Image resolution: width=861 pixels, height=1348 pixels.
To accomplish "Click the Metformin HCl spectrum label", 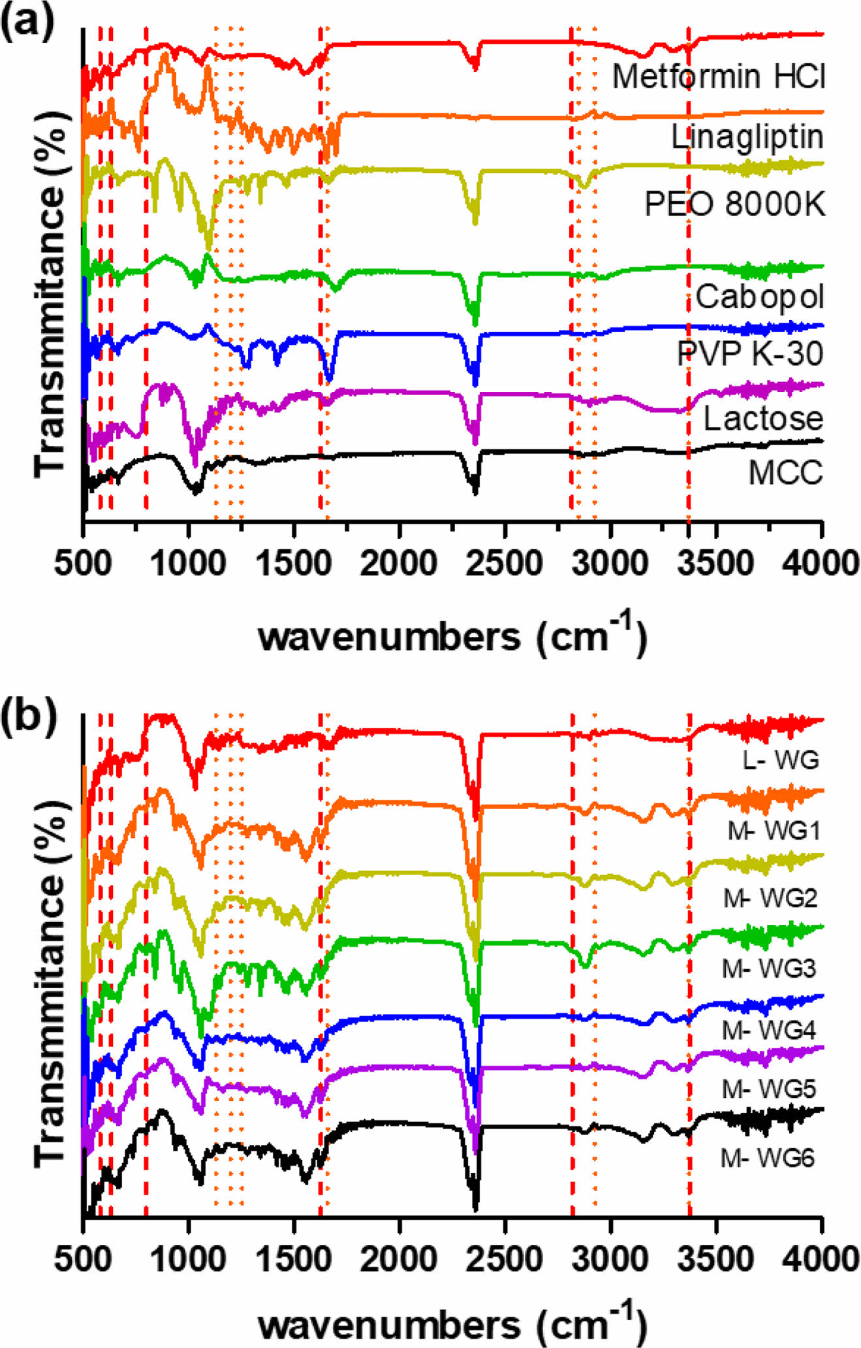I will pyautogui.click(x=718, y=77).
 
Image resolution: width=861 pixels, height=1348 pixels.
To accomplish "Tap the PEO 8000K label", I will pyautogui.click(x=734, y=204).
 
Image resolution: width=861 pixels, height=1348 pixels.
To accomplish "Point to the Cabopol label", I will pyautogui.click(x=759, y=297).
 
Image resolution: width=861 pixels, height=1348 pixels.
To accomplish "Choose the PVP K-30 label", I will pyautogui.click(x=750, y=354).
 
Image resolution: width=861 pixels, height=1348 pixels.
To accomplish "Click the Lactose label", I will pyautogui.click(x=762, y=419).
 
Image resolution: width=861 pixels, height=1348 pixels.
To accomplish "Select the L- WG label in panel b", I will pyautogui.click(x=780, y=760).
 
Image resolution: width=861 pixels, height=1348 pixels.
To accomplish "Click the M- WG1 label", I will pyautogui.click(x=774, y=831).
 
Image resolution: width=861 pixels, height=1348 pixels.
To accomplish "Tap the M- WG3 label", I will pyautogui.click(x=769, y=968).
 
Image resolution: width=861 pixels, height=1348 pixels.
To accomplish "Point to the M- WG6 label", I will pyautogui.click(x=768, y=1159).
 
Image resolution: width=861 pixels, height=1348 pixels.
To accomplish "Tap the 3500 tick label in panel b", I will pyautogui.click(x=716, y=1259).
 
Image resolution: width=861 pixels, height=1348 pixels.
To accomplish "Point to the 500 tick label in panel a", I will pyautogui.click(x=82, y=564).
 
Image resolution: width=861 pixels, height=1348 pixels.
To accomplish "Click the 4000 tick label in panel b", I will pyautogui.click(x=821, y=1259).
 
